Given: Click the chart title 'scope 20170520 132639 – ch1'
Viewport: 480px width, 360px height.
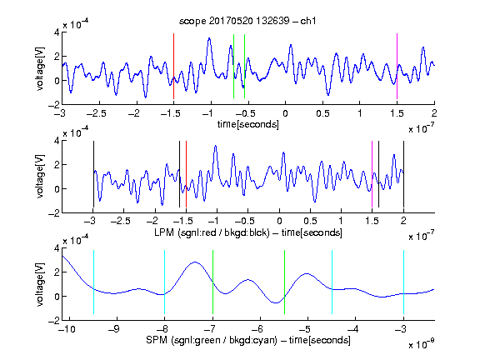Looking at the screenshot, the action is point(247,21).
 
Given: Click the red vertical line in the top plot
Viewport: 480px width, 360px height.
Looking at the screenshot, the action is point(173,66).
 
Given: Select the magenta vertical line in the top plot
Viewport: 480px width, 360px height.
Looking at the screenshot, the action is point(397,66).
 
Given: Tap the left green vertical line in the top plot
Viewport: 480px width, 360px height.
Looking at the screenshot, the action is point(233,66).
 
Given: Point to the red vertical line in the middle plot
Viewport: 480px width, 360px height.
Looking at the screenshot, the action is point(186,174).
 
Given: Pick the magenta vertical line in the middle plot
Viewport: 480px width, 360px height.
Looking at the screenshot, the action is point(372,174).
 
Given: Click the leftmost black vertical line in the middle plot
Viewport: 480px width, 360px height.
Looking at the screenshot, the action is point(93,174).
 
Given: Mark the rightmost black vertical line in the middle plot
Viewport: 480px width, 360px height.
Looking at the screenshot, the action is point(403,174).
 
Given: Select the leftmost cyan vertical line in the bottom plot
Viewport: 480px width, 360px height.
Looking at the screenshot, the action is point(93,282).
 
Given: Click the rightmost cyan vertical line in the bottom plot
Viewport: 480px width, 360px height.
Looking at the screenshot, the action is point(403,282).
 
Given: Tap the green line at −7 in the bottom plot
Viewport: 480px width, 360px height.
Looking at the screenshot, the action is point(212,282).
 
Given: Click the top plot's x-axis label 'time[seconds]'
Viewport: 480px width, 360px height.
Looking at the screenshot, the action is point(248,124).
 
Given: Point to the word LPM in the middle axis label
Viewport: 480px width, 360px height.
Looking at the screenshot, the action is point(164,232).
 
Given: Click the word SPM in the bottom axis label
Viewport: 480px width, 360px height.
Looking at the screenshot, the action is point(157,340).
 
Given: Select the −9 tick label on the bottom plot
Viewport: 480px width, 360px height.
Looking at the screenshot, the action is point(114,329).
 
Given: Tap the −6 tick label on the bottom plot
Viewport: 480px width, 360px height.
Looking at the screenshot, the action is point(257,329).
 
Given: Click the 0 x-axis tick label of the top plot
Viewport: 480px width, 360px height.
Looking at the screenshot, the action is point(285,113).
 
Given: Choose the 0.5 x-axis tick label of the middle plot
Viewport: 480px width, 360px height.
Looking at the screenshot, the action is point(310,221).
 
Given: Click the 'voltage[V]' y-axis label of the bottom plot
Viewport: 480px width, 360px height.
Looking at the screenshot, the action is point(40,284).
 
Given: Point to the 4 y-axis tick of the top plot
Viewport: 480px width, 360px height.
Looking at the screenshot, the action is point(57,32).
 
